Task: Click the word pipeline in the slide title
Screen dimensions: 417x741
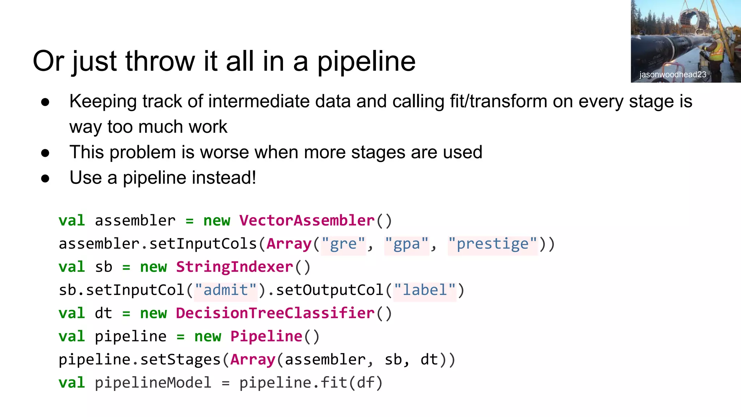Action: pyautogui.click(x=366, y=62)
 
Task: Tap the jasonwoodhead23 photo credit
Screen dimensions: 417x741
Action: pyautogui.click(x=673, y=75)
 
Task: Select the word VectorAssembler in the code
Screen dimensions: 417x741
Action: pyautogui.click(x=307, y=220)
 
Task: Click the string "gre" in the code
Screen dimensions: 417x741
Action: pyautogui.click(x=343, y=244)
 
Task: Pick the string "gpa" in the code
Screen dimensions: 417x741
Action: pyautogui.click(x=407, y=244)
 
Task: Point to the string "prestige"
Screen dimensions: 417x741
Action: pyautogui.click(x=492, y=244)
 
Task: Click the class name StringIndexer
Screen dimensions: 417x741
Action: pyautogui.click(x=234, y=267)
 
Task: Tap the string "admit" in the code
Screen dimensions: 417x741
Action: pyautogui.click(x=226, y=290)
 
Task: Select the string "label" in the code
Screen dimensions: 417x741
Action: pyautogui.click(x=425, y=290)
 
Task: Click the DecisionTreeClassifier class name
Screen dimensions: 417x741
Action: pyautogui.click(x=275, y=313)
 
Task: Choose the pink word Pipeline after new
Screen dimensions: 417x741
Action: pyautogui.click(x=266, y=336)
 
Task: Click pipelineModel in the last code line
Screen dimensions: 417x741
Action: pyautogui.click(x=153, y=383)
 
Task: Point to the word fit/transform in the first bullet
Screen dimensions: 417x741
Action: pyautogui.click(x=499, y=101)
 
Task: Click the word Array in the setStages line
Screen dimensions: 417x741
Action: pyautogui.click(x=253, y=359)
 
